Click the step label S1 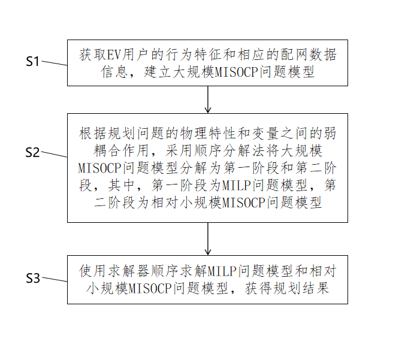(x=32, y=62)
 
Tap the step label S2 (x=32, y=152)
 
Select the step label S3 (x=33, y=278)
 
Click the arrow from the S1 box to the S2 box (x=208, y=99)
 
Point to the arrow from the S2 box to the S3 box (x=208, y=239)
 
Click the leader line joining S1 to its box (x=55, y=63)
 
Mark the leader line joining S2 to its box (x=55, y=154)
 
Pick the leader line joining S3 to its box (x=55, y=279)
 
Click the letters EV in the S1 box (x=114, y=55)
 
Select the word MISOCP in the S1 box (x=236, y=72)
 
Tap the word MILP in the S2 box (x=236, y=185)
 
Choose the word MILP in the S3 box (x=222, y=271)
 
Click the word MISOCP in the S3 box (x=150, y=289)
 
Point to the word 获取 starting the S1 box (x=93, y=55)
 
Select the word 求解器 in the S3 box (x=129, y=271)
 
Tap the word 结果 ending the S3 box (x=316, y=288)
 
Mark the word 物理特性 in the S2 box (x=208, y=133)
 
